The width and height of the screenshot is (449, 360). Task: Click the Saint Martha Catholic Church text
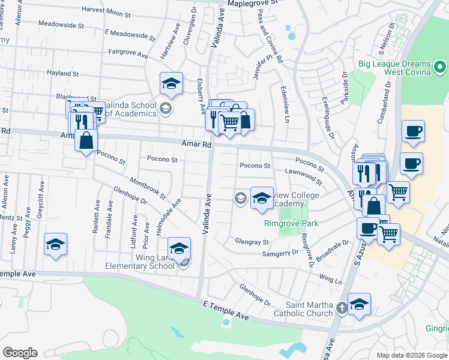point(303,309)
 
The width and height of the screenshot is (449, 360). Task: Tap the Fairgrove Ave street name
point(128,54)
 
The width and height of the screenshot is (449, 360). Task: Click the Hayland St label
point(63,74)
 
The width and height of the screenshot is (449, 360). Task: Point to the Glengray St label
point(252,242)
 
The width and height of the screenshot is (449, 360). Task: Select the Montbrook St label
point(147,187)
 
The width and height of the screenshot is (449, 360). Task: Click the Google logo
point(20,353)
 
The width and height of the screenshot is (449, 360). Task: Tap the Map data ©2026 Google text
point(411,355)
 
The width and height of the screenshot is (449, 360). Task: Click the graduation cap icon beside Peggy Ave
point(55,244)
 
